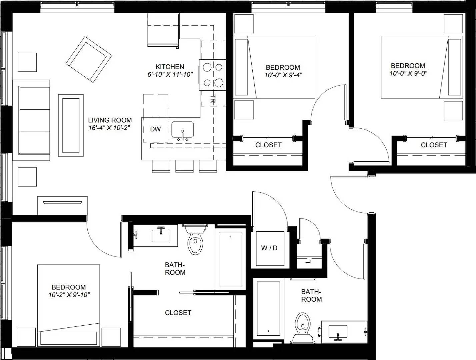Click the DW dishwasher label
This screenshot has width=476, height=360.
(x=155, y=129)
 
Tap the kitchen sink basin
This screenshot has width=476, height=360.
(x=183, y=130)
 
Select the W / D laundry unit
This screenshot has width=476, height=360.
(x=270, y=249)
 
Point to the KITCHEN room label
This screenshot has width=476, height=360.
(x=170, y=67)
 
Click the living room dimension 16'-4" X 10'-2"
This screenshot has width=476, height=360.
(x=109, y=128)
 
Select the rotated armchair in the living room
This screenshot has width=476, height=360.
(x=89, y=59)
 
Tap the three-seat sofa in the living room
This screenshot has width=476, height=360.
(x=31, y=120)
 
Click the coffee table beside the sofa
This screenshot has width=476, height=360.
(x=71, y=125)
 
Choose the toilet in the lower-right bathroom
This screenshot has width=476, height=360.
(x=303, y=328)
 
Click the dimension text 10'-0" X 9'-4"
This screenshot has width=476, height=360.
(x=283, y=75)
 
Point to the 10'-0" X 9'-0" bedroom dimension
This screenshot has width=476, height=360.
(x=408, y=73)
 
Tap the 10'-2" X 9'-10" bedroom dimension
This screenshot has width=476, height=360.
(x=69, y=295)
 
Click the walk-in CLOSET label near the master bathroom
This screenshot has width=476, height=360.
(x=178, y=313)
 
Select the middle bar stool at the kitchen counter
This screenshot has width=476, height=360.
(x=184, y=166)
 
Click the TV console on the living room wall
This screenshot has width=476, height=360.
(x=62, y=205)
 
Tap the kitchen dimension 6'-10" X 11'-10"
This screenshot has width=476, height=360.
(x=170, y=74)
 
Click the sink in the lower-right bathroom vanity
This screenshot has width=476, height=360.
(x=338, y=332)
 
